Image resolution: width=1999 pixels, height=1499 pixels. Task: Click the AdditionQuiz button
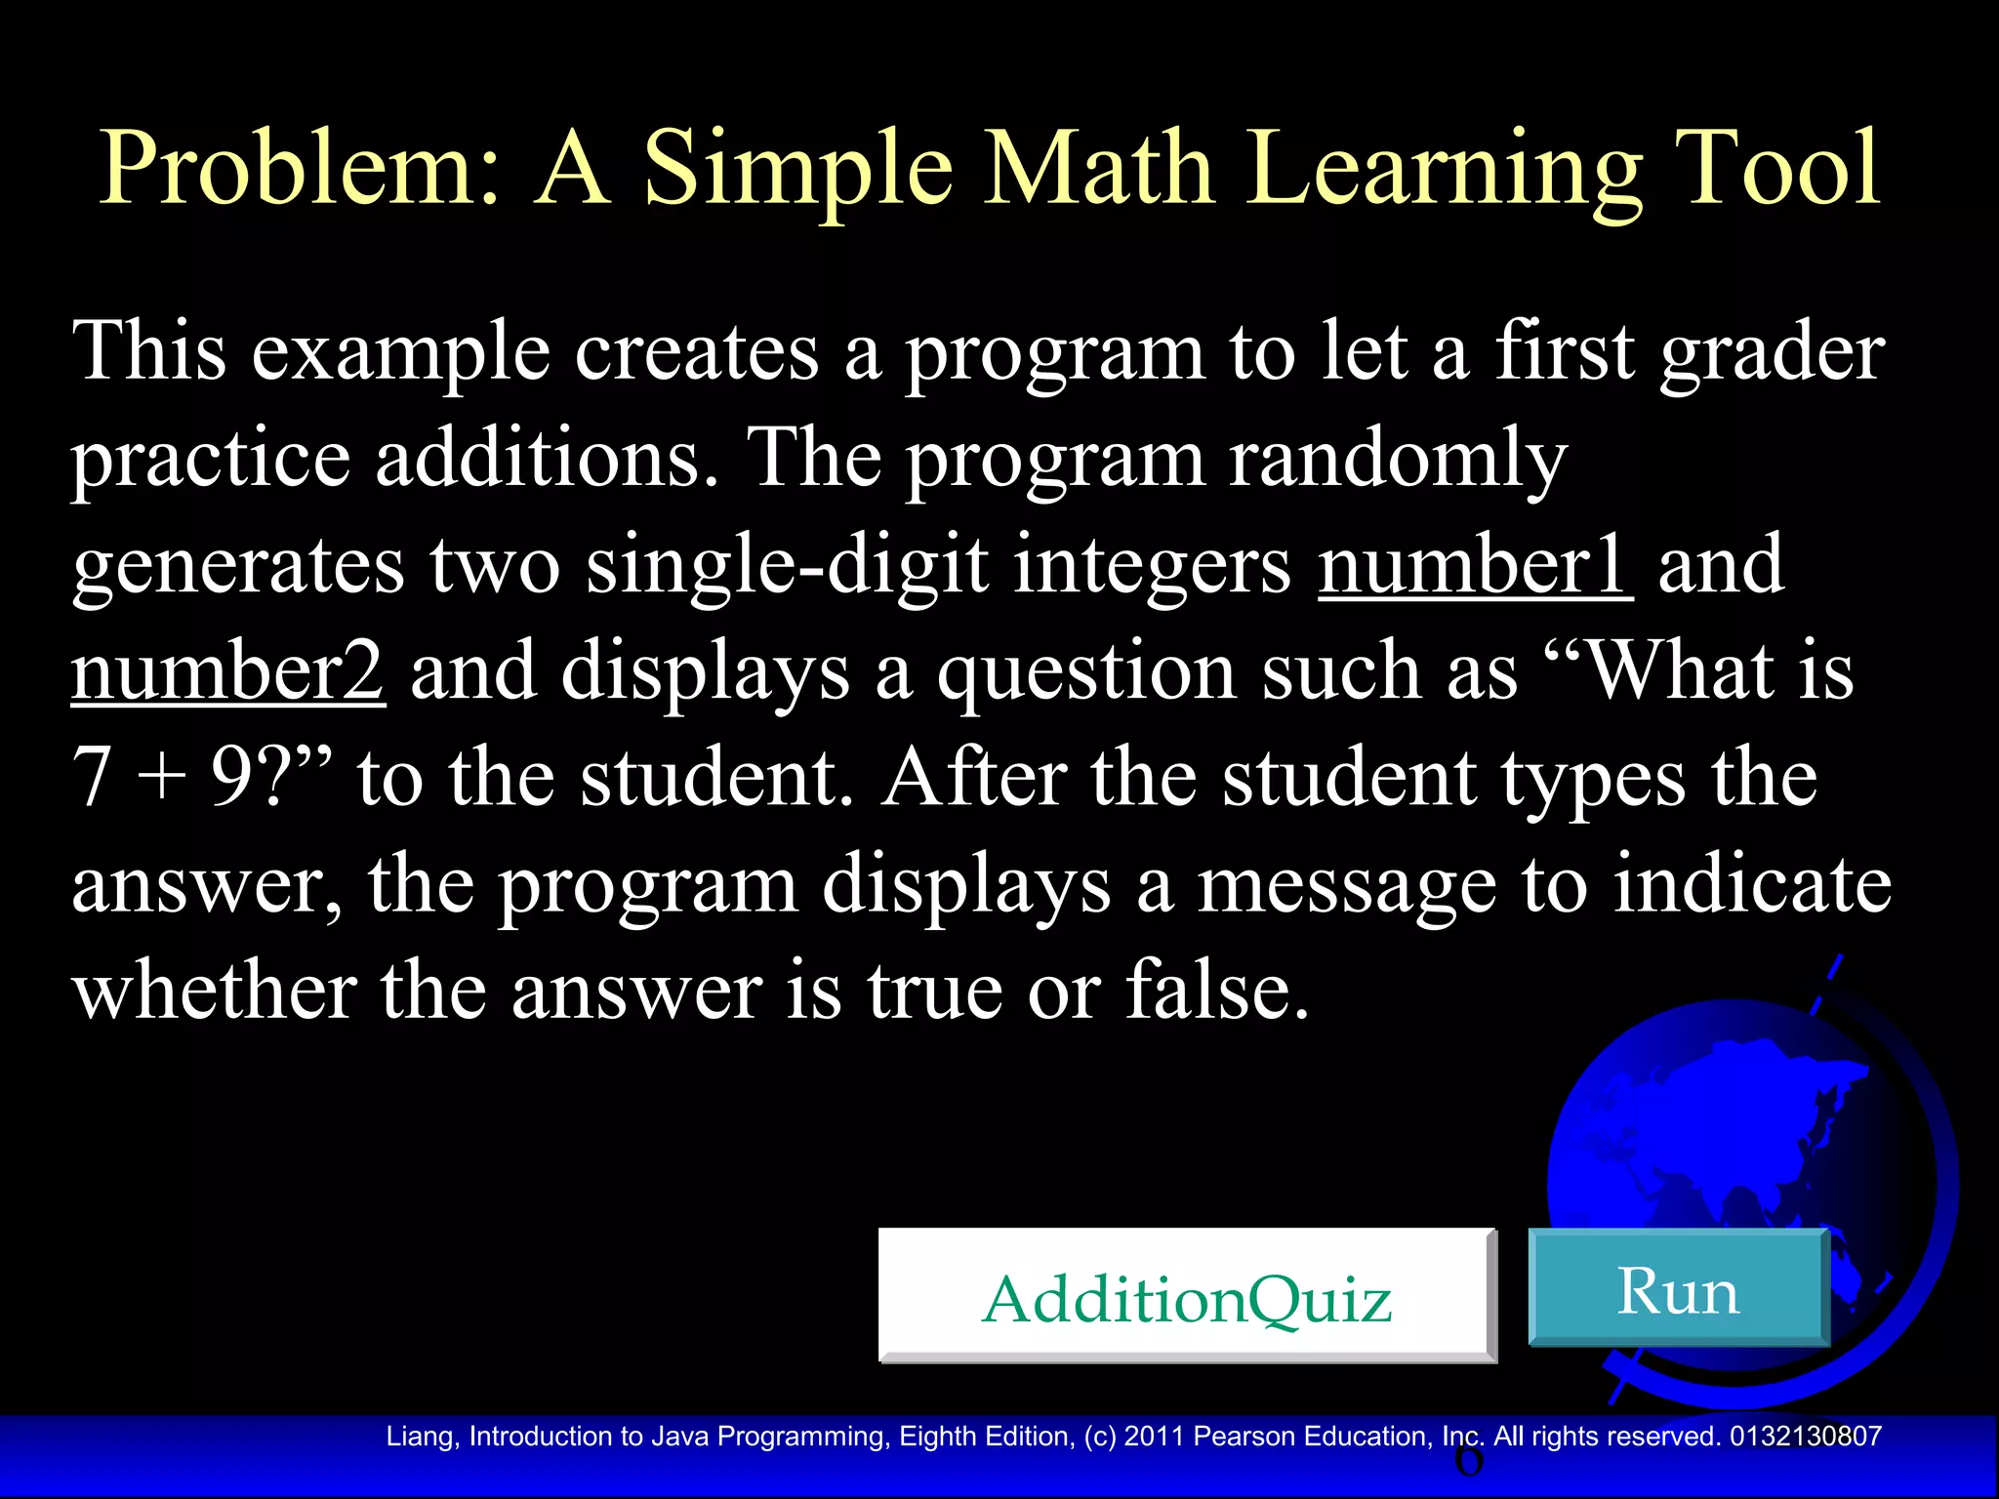(x=1186, y=1297)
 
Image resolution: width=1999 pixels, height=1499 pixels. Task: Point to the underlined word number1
(x=1474, y=566)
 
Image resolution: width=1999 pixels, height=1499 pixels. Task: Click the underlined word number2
(x=228, y=672)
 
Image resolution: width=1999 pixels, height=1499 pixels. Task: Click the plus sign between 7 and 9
(x=162, y=781)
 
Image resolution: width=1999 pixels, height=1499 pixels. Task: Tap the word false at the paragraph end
(x=1216, y=992)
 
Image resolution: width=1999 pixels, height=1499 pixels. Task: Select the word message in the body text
(x=1347, y=886)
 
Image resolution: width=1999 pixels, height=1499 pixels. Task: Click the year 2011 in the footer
(x=1155, y=1437)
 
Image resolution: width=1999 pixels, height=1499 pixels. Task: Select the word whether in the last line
(x=214, y=992)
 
